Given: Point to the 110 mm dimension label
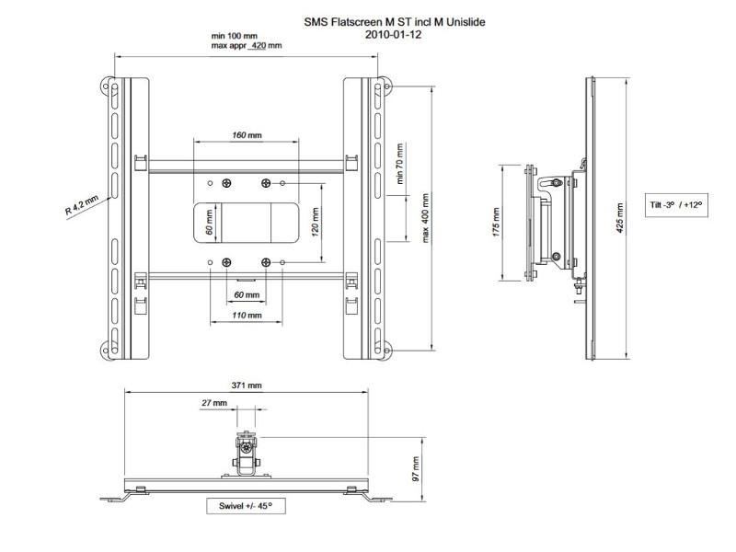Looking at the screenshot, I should [246, 315].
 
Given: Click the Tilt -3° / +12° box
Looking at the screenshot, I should [674, 205].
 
